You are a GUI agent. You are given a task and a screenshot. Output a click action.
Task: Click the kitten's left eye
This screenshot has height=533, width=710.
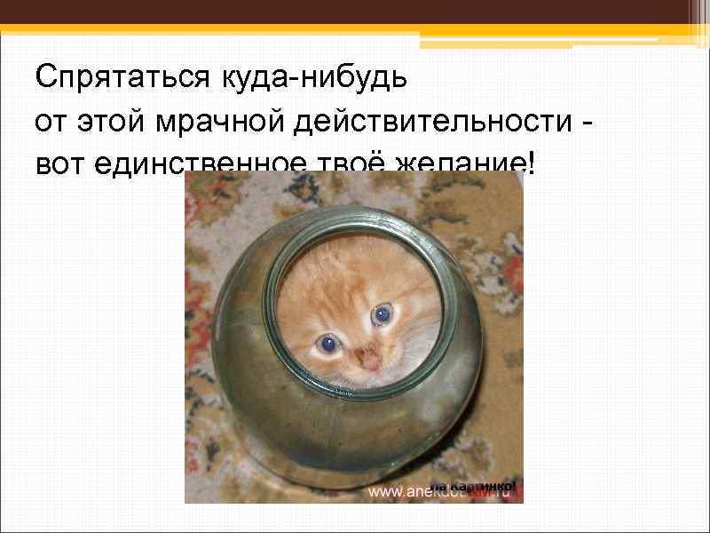(328, 343)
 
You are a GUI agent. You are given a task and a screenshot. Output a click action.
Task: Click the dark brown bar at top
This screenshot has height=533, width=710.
(355, 12)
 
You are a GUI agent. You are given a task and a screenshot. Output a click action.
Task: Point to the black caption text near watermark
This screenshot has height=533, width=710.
(484, 487)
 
